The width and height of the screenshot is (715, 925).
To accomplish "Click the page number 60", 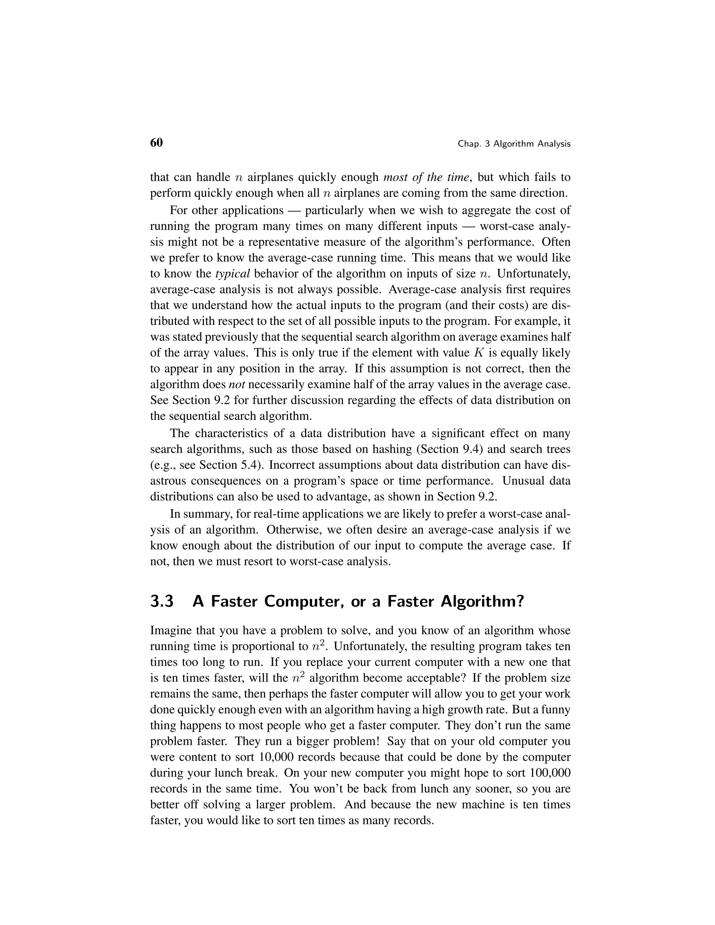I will tap(156, 143).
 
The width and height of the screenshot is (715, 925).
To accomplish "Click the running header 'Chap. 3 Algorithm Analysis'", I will tap(514, 144).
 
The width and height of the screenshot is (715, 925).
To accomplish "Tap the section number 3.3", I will tap(162, 601).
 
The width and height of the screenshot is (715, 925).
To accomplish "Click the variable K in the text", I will tap(477, 353).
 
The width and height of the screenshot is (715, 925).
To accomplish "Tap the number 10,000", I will tap(279, 757).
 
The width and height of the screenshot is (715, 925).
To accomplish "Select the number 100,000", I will tap(550, 773).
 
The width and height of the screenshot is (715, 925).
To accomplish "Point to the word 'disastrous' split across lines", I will tap(562, 465).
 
